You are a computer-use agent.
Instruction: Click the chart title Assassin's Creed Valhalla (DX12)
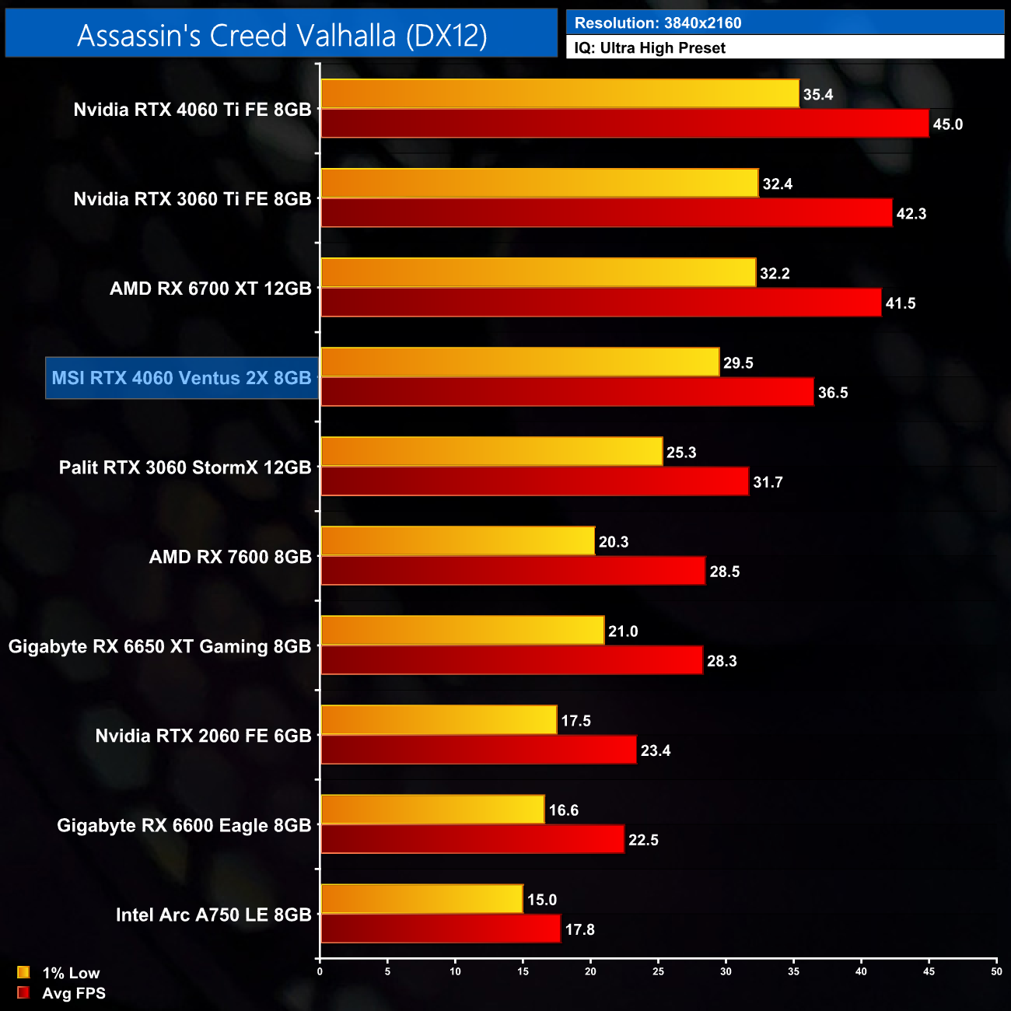(282, 35)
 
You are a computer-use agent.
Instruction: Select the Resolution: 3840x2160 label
(657, 23)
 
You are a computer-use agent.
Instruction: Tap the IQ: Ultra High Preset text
(649, 48)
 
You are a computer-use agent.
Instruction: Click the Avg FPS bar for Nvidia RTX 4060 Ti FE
(624, 124)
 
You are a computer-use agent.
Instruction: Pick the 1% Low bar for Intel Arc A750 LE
(422, 899)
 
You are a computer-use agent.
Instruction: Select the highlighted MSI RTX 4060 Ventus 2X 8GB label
(181, 378)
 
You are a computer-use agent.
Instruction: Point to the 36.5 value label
(833, 393)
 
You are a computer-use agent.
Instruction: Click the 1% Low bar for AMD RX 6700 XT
(538, 273)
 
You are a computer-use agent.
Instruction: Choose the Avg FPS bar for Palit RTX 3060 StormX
(534, 481)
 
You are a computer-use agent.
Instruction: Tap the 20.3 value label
(614, 542)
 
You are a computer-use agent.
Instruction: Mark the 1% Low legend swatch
(23, 972)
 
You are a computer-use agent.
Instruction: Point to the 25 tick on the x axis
(658, 971)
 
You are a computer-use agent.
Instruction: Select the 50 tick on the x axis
(996, 971)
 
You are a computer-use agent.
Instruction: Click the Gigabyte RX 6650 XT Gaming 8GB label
(159, 646)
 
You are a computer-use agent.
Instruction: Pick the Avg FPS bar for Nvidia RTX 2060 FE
(478, 750)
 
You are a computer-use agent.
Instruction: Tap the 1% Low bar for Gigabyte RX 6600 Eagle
(432, 810)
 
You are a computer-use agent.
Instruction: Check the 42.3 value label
(911, 214)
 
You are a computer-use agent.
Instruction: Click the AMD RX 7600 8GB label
(230, 557)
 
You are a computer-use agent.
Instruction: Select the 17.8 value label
(579, 929)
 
